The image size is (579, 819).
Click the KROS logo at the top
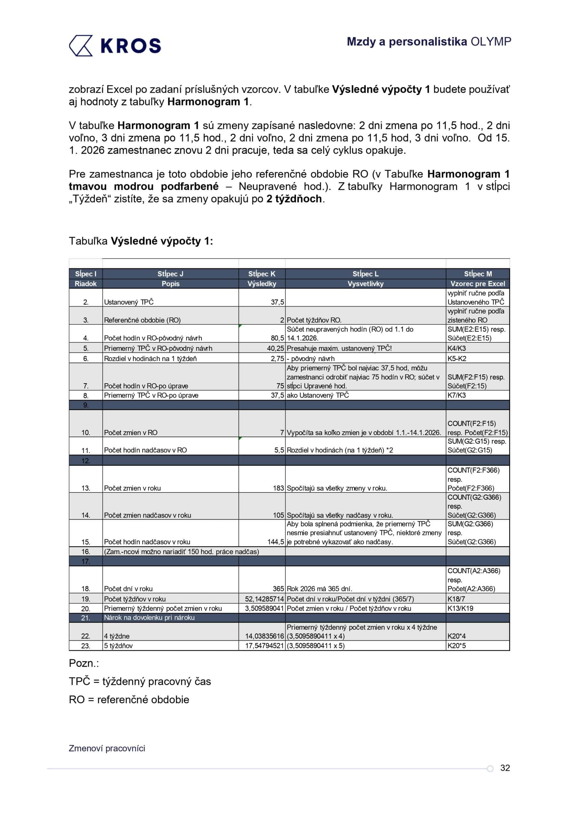(115, 46)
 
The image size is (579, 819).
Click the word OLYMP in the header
(490, 42)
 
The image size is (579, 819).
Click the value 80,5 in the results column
(277, 338)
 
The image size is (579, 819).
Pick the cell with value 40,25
(275, 348)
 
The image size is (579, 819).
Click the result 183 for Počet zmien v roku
(278, 488)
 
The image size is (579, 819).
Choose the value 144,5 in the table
(275, 542)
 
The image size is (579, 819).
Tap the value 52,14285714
(264, 599)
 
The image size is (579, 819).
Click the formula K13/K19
(460, 608)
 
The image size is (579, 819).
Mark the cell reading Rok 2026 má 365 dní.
(319, 589)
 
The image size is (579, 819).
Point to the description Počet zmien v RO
(131, 433)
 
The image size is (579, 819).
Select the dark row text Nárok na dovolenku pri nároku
(149, 617)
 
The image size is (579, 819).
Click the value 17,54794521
(264, 646)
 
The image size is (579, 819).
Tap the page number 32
(505, 768)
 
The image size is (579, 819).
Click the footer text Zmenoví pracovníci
(107, 748)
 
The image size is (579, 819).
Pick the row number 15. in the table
(86, 542)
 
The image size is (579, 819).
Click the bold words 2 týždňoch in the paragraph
(294, 199)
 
